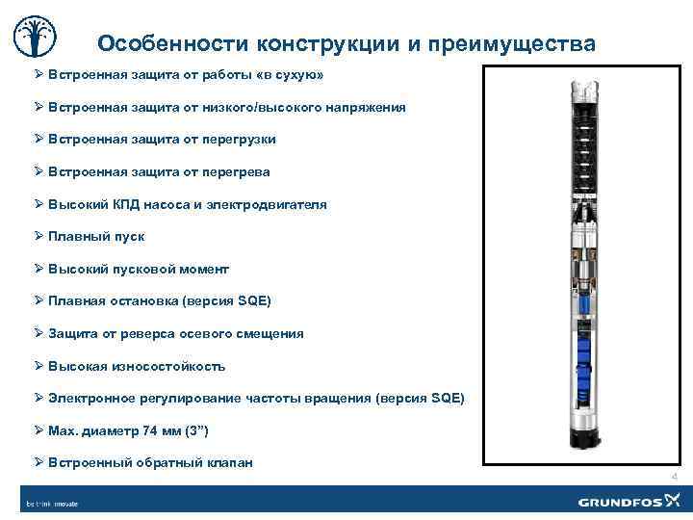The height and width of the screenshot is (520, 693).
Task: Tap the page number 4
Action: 674,477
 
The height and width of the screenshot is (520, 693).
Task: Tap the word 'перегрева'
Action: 236,172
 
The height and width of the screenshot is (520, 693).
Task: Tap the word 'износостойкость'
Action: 170,367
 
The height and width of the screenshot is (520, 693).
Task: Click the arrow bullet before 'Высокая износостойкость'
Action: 39,366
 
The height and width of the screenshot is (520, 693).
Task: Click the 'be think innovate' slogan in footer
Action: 52,503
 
